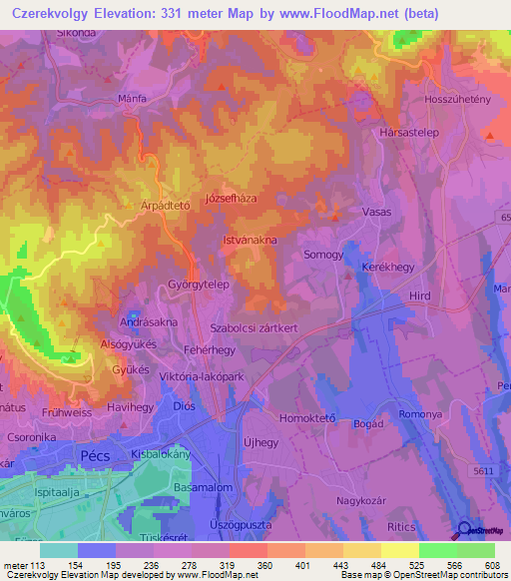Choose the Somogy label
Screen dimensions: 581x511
point(323,255)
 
